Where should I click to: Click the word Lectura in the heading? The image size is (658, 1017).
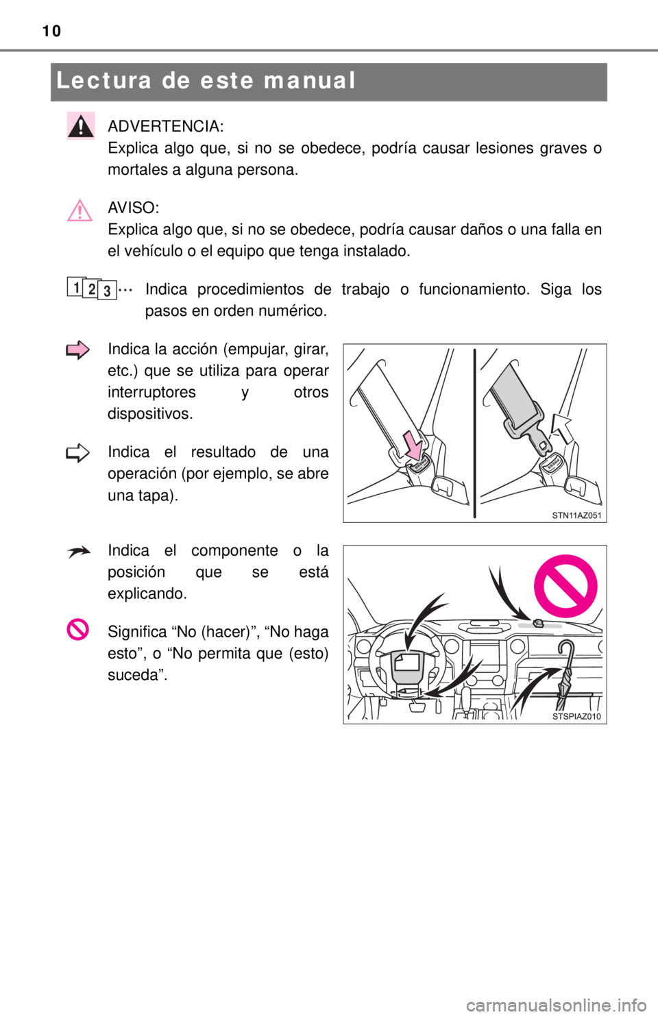click(x=103, y=81)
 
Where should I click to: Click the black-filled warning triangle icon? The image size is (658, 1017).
click(x=81, y=125)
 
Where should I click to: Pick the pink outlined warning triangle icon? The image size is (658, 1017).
click(x=80, y=210)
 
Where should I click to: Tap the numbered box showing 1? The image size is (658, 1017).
click(x=75, y=286)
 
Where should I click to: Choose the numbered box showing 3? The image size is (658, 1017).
click(x=107, y=291)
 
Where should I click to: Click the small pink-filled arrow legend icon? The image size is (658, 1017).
click(x=77, y=350)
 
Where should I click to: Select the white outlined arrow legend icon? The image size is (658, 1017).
click(x=77, y=453)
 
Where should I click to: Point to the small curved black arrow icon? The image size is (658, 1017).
click(x=78, y=552)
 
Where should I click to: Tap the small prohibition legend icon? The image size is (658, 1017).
click(x=77, y=629)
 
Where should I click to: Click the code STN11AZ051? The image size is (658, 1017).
click(x=576, y=515)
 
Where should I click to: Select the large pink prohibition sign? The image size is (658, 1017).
click(x=565, y=586)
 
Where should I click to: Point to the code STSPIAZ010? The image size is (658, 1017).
click(x=576, y=716)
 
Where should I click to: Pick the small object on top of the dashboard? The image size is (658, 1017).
click(x=538, y=623)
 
